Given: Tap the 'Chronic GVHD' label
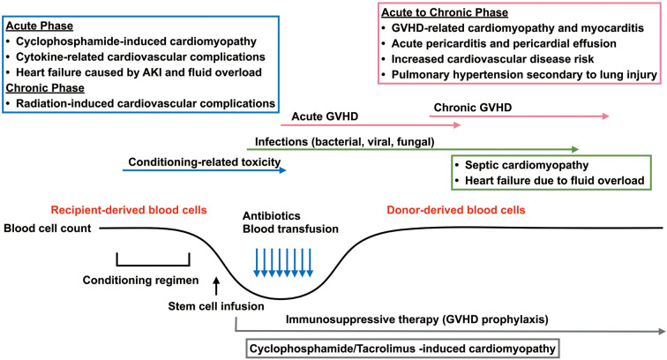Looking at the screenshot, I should tap(473, 108).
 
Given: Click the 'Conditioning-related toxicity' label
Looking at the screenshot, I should tap(204, 161).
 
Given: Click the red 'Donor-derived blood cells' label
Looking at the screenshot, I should tap(456, 211).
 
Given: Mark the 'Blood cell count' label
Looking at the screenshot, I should tap(49, 228).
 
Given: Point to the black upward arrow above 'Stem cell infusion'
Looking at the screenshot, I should tap(214, 284).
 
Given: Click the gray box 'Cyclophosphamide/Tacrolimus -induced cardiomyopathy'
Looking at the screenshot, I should tap(404, 347).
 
